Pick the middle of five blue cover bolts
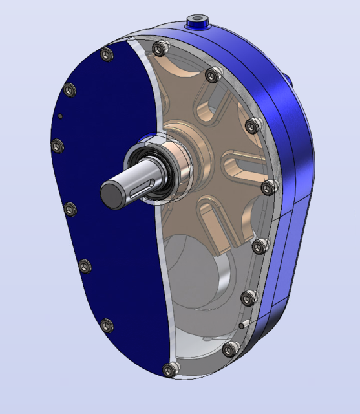pos(70,209)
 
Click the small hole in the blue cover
pos(59,116)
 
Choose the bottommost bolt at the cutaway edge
pos(170,371)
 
